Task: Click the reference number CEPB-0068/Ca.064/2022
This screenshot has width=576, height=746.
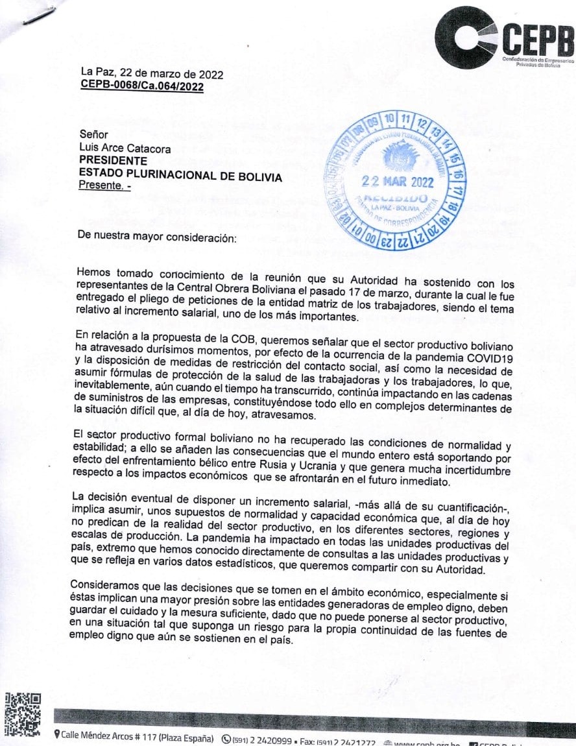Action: point(142,86)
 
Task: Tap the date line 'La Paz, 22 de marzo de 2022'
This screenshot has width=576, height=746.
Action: point(152,74)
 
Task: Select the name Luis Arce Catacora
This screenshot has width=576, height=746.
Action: point(125,149)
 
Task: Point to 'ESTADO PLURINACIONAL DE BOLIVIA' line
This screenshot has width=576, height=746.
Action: point(180,173)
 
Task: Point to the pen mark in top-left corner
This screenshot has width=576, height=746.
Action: point(38,15)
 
